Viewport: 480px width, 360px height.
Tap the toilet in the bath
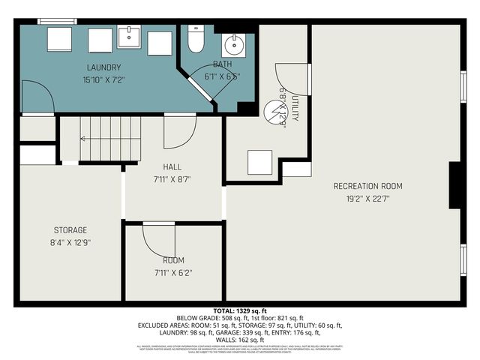196,40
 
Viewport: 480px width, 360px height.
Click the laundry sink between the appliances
129,36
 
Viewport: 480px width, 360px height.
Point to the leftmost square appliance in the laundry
59,40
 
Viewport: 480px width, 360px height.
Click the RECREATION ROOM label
367,186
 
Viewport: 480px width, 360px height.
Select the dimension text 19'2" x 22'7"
367,199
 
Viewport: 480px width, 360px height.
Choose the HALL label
172,167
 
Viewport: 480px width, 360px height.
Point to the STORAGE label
70,229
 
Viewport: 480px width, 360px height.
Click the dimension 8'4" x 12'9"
70,242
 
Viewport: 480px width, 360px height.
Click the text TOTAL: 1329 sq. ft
239,310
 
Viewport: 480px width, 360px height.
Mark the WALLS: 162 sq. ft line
239,340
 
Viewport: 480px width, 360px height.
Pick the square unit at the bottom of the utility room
259,162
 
